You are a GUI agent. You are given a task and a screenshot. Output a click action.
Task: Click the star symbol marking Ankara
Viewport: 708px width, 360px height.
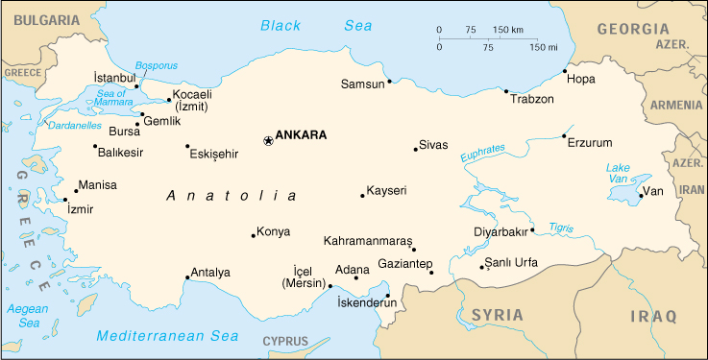[268, 141]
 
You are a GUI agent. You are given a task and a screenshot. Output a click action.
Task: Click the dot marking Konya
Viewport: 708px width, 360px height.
[254, 234]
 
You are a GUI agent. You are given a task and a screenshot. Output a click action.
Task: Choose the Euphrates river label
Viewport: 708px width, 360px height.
[482, 153]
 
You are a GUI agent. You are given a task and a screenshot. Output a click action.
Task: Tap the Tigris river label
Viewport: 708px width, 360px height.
[561, 228]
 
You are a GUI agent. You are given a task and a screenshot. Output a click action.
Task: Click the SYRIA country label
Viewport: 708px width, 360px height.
[496, 315]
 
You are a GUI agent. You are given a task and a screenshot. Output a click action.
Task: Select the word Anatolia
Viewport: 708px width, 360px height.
[231, 196]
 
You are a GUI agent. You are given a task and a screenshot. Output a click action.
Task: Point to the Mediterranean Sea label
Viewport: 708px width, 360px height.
[167, 336]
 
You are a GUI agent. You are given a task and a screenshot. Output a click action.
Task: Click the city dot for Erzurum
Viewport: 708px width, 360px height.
[564, 136]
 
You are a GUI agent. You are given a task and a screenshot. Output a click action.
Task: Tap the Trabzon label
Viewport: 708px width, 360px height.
[532, 99]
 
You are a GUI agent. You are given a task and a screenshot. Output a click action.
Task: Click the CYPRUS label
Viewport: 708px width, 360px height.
[285, 342]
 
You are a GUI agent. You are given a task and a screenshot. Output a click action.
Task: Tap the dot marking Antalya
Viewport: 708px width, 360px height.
[187, 278]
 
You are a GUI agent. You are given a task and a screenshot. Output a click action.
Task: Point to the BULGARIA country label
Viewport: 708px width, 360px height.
[39, 18]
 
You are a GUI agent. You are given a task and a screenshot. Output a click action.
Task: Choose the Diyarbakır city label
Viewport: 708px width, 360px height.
[501, 231]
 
